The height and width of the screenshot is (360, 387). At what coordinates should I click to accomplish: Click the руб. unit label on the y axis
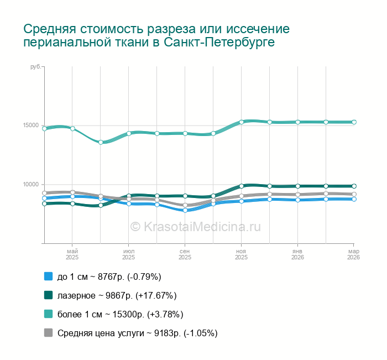point(34,66)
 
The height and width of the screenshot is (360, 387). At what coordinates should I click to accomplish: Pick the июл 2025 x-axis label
point(129,254)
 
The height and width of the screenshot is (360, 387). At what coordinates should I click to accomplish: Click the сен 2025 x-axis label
point(185,254)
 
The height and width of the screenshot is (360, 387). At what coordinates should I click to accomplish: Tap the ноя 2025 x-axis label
point(242,254)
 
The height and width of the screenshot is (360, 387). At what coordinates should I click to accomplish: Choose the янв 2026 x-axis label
point(297,254)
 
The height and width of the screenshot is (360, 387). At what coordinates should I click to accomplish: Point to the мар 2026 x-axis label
point(353,254)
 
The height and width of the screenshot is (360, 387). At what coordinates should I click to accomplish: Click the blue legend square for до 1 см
point(48,276)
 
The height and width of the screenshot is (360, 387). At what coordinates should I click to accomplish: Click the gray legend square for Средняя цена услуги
point(48,333)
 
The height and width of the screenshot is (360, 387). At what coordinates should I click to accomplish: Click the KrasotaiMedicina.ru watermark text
point(195,226)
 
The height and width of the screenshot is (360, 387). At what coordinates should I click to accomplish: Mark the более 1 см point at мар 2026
point(354,122)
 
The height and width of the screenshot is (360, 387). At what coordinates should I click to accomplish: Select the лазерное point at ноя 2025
point(242,186)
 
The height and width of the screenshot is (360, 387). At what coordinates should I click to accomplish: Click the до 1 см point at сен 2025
point(185,210)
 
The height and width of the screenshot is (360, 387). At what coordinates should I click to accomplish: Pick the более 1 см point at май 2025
point(72,129)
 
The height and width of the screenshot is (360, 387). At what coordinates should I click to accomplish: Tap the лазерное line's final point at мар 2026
point(354,186)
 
